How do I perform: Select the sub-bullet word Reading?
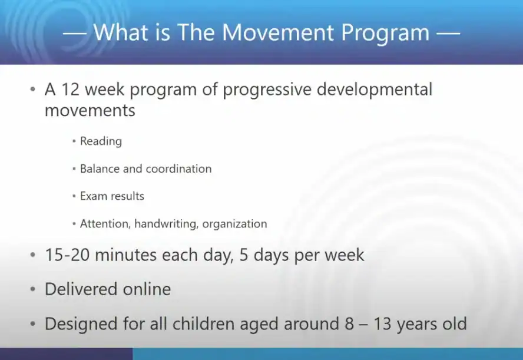[101, 141]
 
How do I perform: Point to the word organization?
[235, 224]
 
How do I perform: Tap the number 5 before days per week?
[245, 255]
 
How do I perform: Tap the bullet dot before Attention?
[74, 224]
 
